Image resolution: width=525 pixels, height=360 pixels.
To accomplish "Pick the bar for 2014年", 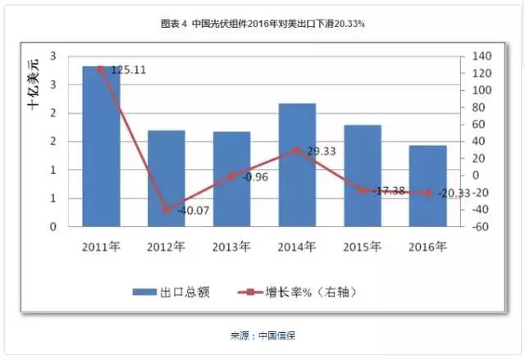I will (297, 165).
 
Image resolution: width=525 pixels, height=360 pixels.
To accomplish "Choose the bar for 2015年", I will (362, 175).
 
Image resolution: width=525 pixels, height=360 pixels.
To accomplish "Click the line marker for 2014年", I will (297, 150).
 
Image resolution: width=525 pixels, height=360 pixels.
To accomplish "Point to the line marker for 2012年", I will (166, 210).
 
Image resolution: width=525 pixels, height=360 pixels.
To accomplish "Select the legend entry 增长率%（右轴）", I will (295, 291).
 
